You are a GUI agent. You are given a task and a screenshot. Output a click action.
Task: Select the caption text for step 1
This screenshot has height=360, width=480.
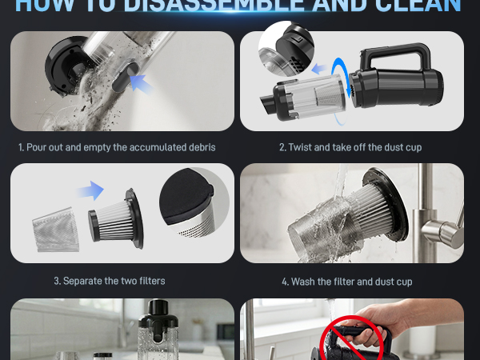[117, 147]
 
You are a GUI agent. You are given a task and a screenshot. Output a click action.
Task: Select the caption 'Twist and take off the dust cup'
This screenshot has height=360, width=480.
[351, 147]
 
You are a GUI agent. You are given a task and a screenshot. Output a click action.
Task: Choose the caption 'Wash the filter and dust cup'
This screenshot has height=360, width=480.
[351, 281]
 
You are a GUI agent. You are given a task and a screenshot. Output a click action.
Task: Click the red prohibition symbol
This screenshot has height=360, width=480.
[349, 340]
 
